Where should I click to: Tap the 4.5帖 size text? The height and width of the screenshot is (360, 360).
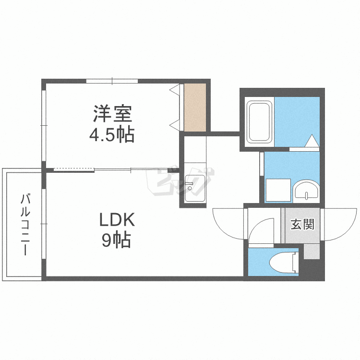112,135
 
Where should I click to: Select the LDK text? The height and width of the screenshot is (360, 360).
117,219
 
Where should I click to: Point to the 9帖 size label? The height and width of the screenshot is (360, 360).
117,240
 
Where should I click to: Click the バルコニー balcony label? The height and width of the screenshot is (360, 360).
25,225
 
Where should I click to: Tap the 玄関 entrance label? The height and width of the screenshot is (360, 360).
302,224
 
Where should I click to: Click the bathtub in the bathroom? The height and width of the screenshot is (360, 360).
259,122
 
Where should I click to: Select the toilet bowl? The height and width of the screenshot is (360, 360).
284,263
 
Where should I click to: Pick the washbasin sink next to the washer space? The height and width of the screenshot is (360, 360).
306,191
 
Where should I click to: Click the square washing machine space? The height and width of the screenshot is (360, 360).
278,190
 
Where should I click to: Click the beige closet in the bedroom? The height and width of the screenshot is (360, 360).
195,108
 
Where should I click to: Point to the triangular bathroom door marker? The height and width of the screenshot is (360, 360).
312,141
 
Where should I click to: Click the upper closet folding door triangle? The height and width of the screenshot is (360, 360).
174,89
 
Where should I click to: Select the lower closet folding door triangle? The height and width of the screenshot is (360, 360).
174,125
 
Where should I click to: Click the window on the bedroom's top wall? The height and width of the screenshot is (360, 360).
112,81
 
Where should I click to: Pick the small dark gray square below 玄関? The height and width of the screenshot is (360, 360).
312,252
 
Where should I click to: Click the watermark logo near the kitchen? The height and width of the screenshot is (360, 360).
180,181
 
